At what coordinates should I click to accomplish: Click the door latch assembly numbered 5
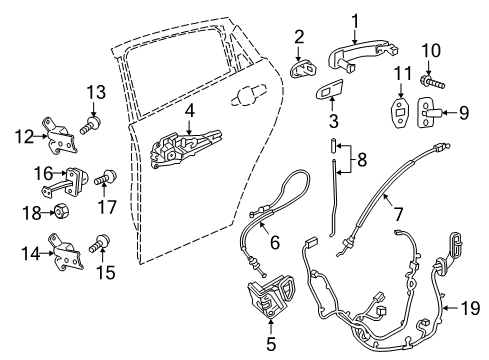point(269,297)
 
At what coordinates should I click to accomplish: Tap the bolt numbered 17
point(101,181)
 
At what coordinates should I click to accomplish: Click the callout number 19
point(466,306)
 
